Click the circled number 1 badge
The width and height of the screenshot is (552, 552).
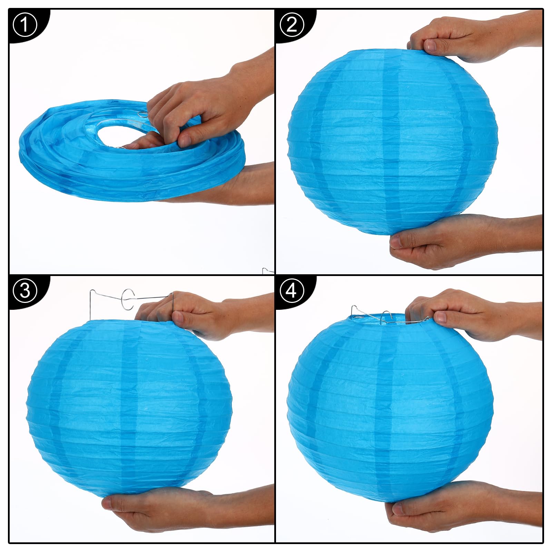25,25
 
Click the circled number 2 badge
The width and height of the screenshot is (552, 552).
292,25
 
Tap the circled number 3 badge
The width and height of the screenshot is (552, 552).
25,291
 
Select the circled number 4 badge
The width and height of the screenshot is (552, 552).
292,291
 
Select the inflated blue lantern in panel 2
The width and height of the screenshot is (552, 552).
392,141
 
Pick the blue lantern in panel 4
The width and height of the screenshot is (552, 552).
390,407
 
